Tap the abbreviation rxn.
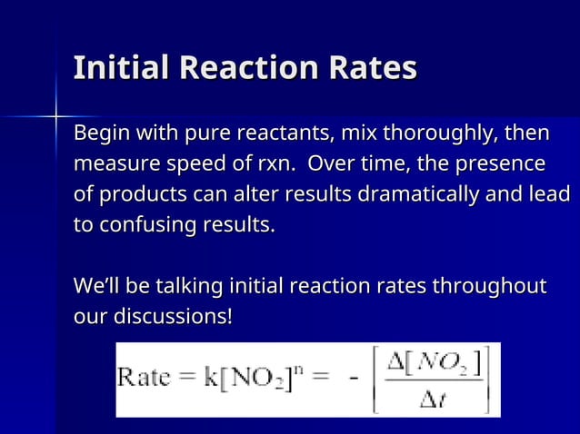(274, 165)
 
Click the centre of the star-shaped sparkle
(56, 116)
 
